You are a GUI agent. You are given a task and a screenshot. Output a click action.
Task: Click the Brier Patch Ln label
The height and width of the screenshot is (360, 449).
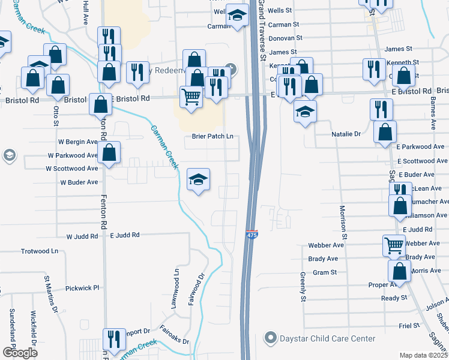click(212, 137)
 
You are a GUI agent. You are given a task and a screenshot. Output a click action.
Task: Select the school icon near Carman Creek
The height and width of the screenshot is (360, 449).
click(199, 179)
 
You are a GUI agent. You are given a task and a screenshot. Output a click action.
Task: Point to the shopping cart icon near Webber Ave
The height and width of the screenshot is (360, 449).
click(394, 245)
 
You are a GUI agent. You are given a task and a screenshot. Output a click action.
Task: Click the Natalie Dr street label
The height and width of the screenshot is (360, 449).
click(346, 134)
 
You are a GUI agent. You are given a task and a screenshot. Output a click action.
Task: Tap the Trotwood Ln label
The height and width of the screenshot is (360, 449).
click(40, 251)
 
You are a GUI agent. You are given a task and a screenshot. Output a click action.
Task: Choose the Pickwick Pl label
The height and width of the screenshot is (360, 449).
click(82, 288)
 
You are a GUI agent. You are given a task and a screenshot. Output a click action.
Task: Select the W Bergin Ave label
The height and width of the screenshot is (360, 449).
click(77, 142)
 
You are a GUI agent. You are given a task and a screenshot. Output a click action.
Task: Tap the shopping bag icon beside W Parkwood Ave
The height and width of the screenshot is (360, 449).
click(109, 153)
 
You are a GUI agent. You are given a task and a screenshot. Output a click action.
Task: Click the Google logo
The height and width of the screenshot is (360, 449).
click(20, 353)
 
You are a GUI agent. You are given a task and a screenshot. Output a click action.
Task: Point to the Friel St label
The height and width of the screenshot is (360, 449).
click(409, 325)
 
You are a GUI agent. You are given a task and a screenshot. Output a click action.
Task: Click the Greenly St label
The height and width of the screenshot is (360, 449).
click(303, 287)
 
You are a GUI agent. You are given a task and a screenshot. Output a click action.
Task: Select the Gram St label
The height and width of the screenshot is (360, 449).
click(325, 272)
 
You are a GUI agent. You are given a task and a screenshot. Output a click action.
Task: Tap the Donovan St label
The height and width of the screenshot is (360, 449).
click(284, 38)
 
